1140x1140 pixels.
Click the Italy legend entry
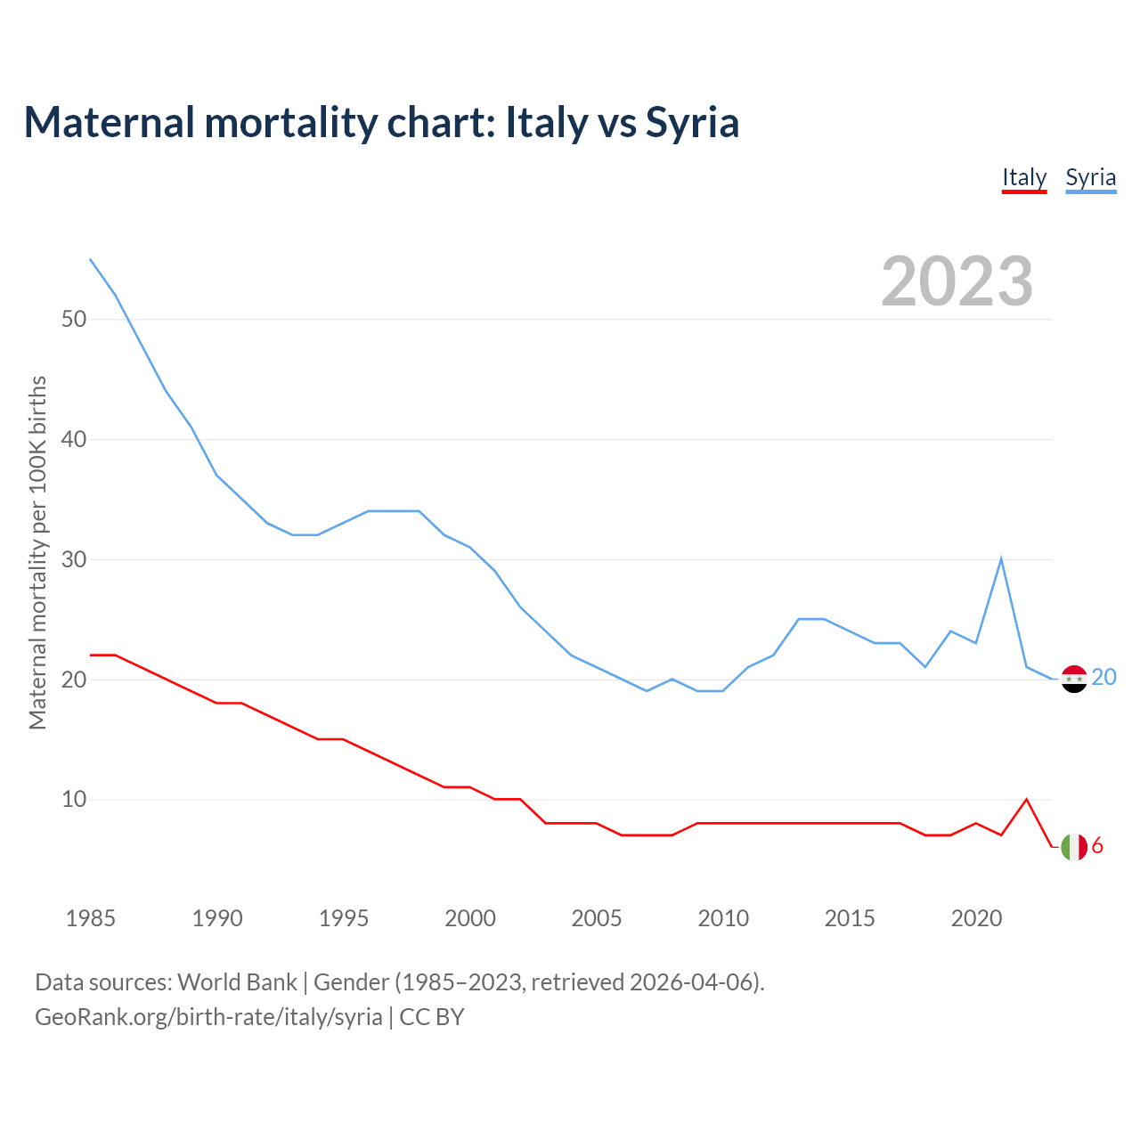[1024, 177]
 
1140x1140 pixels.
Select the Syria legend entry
[1090, 177]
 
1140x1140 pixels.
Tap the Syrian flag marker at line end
[1074, 679]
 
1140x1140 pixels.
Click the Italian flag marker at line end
[1074, 847]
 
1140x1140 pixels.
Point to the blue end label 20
[1103, 678]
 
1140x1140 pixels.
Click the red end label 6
[1097, 846]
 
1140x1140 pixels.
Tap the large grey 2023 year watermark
[957, 281]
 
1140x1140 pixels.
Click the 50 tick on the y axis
[74, 319]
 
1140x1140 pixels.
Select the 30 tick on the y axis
[74, 559]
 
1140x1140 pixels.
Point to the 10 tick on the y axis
[74, 799]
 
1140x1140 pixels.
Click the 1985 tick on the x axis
[91, 918]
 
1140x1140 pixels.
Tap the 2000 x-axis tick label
[470, 918]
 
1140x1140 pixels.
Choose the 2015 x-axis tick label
[850, 918]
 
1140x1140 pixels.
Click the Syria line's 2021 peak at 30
[1001, 559]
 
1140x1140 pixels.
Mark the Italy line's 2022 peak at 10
[1027, 799]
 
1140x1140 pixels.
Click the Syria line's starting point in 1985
[91, 259]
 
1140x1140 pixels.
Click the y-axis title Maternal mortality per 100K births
[37, 552]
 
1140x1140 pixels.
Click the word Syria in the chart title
[692, 123]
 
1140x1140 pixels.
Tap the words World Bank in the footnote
[237, 982]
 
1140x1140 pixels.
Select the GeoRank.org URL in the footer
[208, 1017]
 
